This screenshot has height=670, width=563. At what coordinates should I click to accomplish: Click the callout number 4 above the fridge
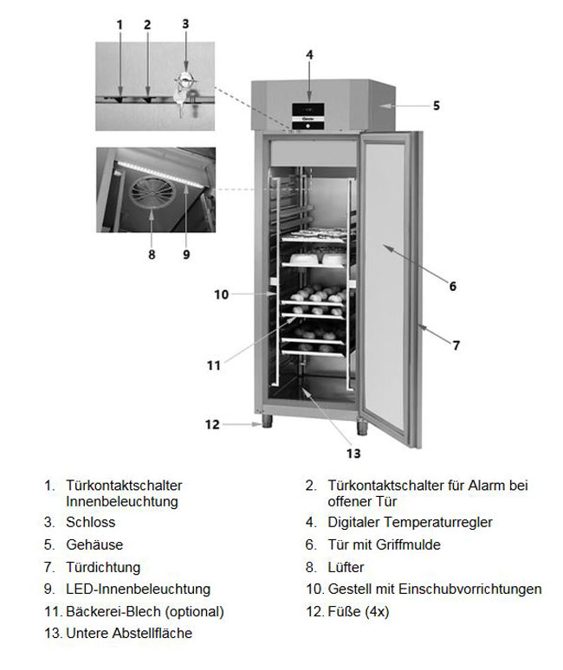coord(309,55)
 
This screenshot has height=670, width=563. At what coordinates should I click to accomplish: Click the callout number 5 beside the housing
coord(437,106)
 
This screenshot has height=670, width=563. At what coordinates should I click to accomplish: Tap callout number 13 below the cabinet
coord(353,453)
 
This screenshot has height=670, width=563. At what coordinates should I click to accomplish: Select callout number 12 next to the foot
coord(212,424)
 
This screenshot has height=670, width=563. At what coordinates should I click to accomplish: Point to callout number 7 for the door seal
coord(456,345)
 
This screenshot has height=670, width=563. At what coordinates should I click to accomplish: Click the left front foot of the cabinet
coord(266,422)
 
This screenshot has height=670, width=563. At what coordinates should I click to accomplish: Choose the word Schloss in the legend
coord(90,522)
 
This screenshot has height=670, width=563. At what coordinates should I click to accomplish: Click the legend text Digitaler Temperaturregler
coord(411,522)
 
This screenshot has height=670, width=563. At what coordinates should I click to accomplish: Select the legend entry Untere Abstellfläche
coord(129,634)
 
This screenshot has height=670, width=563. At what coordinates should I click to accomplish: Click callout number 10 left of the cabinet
coord(221,294)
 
